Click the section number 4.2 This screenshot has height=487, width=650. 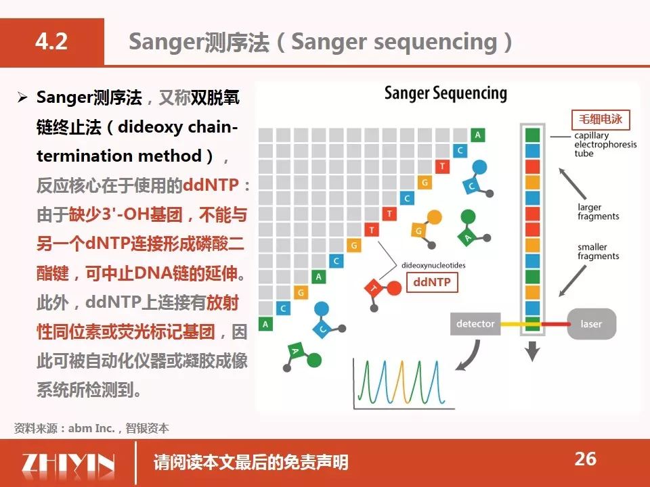[51, 41]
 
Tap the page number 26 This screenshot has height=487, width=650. [585, 459]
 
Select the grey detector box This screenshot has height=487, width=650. [475, 324]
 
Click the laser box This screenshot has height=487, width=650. [591, 324]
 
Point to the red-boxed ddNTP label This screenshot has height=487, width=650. [432, 283]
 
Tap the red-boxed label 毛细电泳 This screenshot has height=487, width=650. [601, 119]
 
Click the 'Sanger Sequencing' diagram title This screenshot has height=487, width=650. [446, 93]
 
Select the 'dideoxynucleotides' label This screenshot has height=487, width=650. [433, 265]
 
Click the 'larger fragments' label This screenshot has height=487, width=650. [598, 212]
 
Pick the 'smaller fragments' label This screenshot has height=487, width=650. [598, 252]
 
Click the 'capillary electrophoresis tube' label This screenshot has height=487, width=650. [605, 145]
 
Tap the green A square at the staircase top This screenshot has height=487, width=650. [477, 135]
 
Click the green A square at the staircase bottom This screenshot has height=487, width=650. [265, 324]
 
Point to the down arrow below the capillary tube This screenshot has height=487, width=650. [532, 351]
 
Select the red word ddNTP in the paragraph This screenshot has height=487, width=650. [211, 185]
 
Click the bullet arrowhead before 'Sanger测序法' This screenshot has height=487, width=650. [22, 97]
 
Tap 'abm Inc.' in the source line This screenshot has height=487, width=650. [91, 428]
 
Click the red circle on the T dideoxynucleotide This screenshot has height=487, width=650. [394, 288]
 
